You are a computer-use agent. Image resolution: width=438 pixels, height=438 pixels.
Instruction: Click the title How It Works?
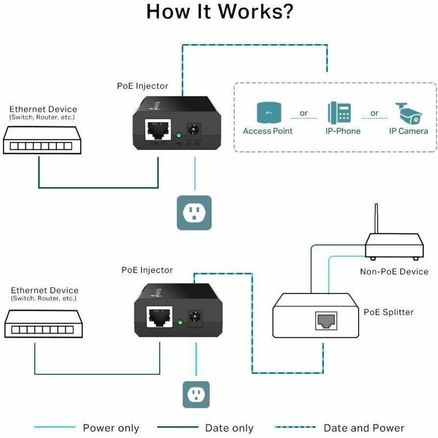pyautogui.click(x=219, y=12)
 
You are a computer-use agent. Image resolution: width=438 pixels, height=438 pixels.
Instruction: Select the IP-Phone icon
pyautogui.click(x=340, y=112)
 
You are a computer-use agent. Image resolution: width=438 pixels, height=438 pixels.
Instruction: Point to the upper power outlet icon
pyautogui.click(x=194, y=213)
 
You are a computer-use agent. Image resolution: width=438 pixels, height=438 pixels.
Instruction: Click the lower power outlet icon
pyautogui.click(x=196, y=394)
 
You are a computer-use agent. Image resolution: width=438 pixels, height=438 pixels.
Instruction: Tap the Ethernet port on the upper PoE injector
pyautogui.click(x=156, y=129)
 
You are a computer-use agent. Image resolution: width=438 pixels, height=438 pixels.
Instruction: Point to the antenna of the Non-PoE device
pyautogui.click(x=376, y=219)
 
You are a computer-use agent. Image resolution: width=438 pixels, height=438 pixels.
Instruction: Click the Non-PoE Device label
pyautogui.click(x=394, y=272)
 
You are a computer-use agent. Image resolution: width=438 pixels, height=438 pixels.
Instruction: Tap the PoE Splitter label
pyautogui.click(x=388, y=312)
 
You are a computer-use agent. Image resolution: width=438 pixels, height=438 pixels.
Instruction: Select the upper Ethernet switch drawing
pyautogui.click(x=41, y=141)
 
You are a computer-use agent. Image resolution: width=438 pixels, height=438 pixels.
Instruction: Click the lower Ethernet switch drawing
pyautogui.click(x=44, y=325)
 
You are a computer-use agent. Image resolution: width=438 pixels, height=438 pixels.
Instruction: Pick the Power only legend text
pyautogui.click(x=111, y=428)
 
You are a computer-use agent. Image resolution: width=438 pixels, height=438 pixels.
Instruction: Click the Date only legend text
pyautogui.click(x=229, y=428)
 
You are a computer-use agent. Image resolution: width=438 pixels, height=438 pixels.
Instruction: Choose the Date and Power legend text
pyautogui.click(x=364, y=428)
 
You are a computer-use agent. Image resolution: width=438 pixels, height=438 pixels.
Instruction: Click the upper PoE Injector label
pyautogui.click(x=143, y=86)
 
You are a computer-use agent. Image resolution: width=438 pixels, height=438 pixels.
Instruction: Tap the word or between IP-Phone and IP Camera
pyautogui.click(x=374, y=113)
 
